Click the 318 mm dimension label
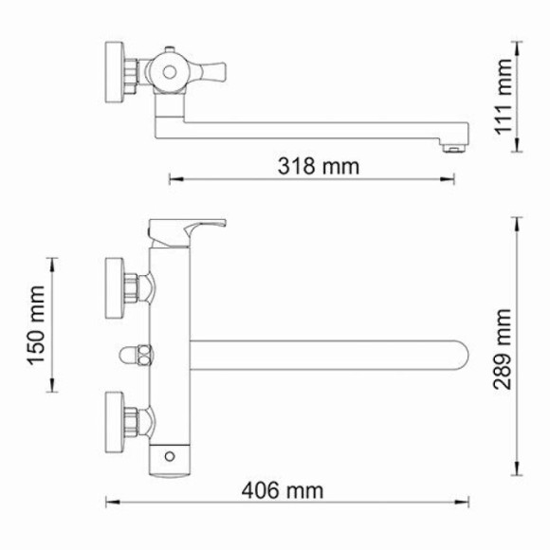319,167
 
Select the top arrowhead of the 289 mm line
517,221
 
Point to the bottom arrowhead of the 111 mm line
517,150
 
